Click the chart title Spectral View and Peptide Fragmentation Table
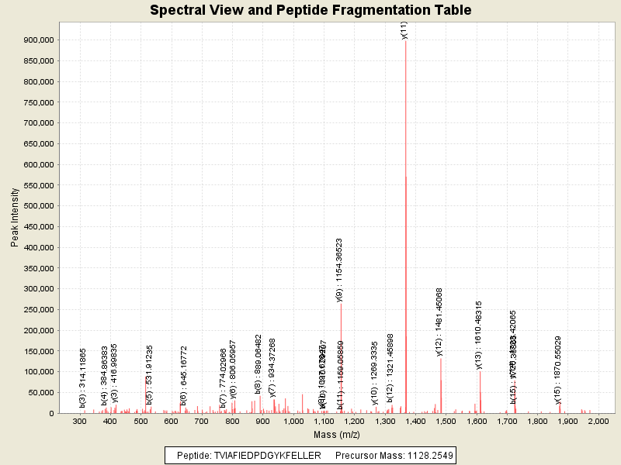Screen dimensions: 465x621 tap(310, 10)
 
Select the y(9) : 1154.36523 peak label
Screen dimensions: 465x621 tap(339, 269)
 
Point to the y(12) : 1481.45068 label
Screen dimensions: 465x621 tap(439, 322)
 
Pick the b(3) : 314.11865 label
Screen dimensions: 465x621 tap(82, 378)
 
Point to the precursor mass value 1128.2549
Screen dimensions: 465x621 tap(426, 455)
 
